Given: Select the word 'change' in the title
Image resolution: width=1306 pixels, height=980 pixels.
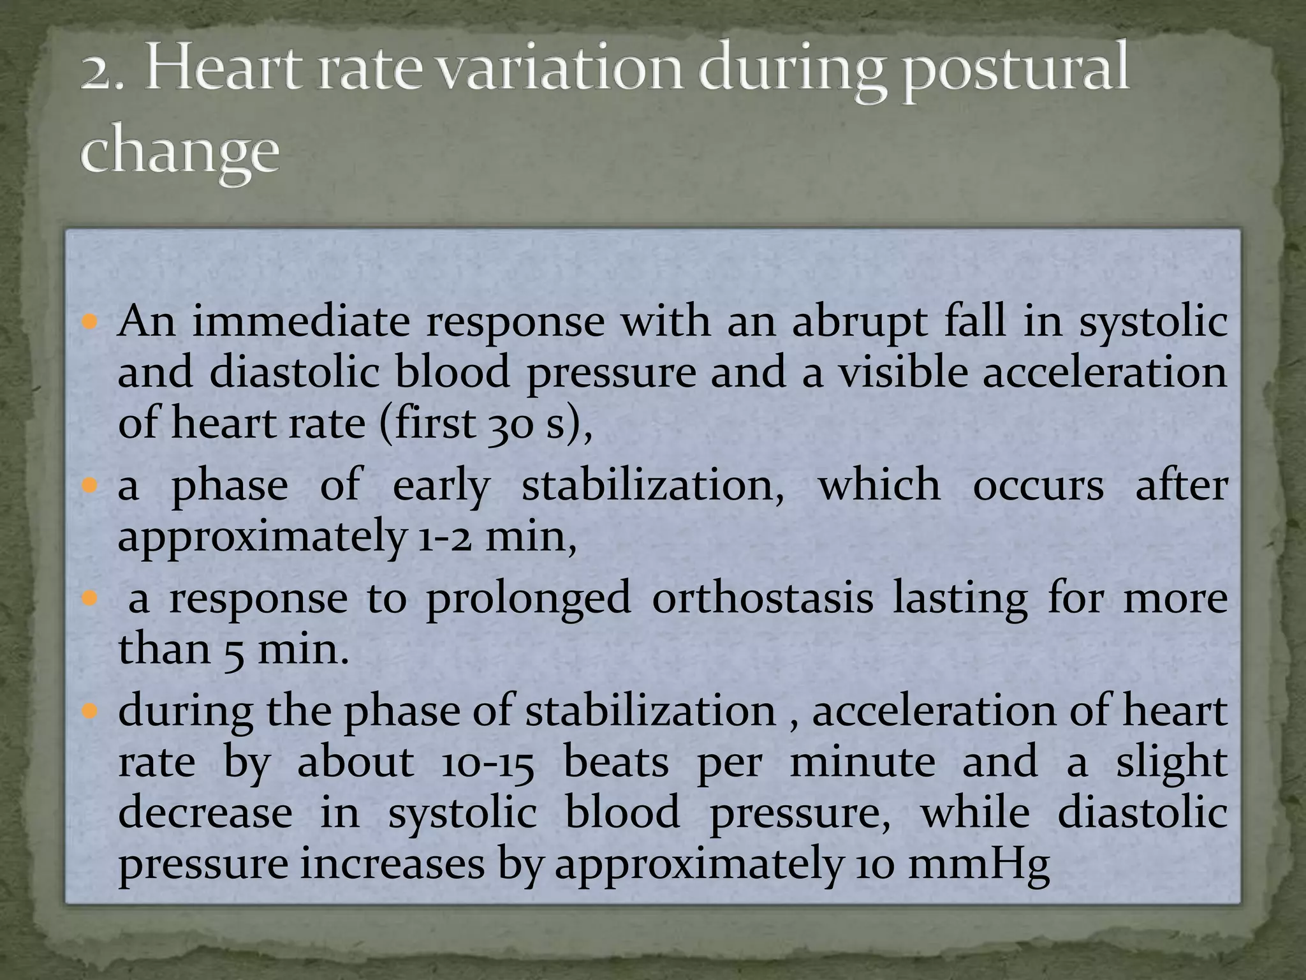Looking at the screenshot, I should coord(180,154).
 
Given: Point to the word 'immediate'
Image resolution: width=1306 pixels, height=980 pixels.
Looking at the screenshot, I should coord(301,321).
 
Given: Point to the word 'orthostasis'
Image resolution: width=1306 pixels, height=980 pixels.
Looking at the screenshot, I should coord(762,599).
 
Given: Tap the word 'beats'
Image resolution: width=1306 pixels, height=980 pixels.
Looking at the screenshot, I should coord(616,762).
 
